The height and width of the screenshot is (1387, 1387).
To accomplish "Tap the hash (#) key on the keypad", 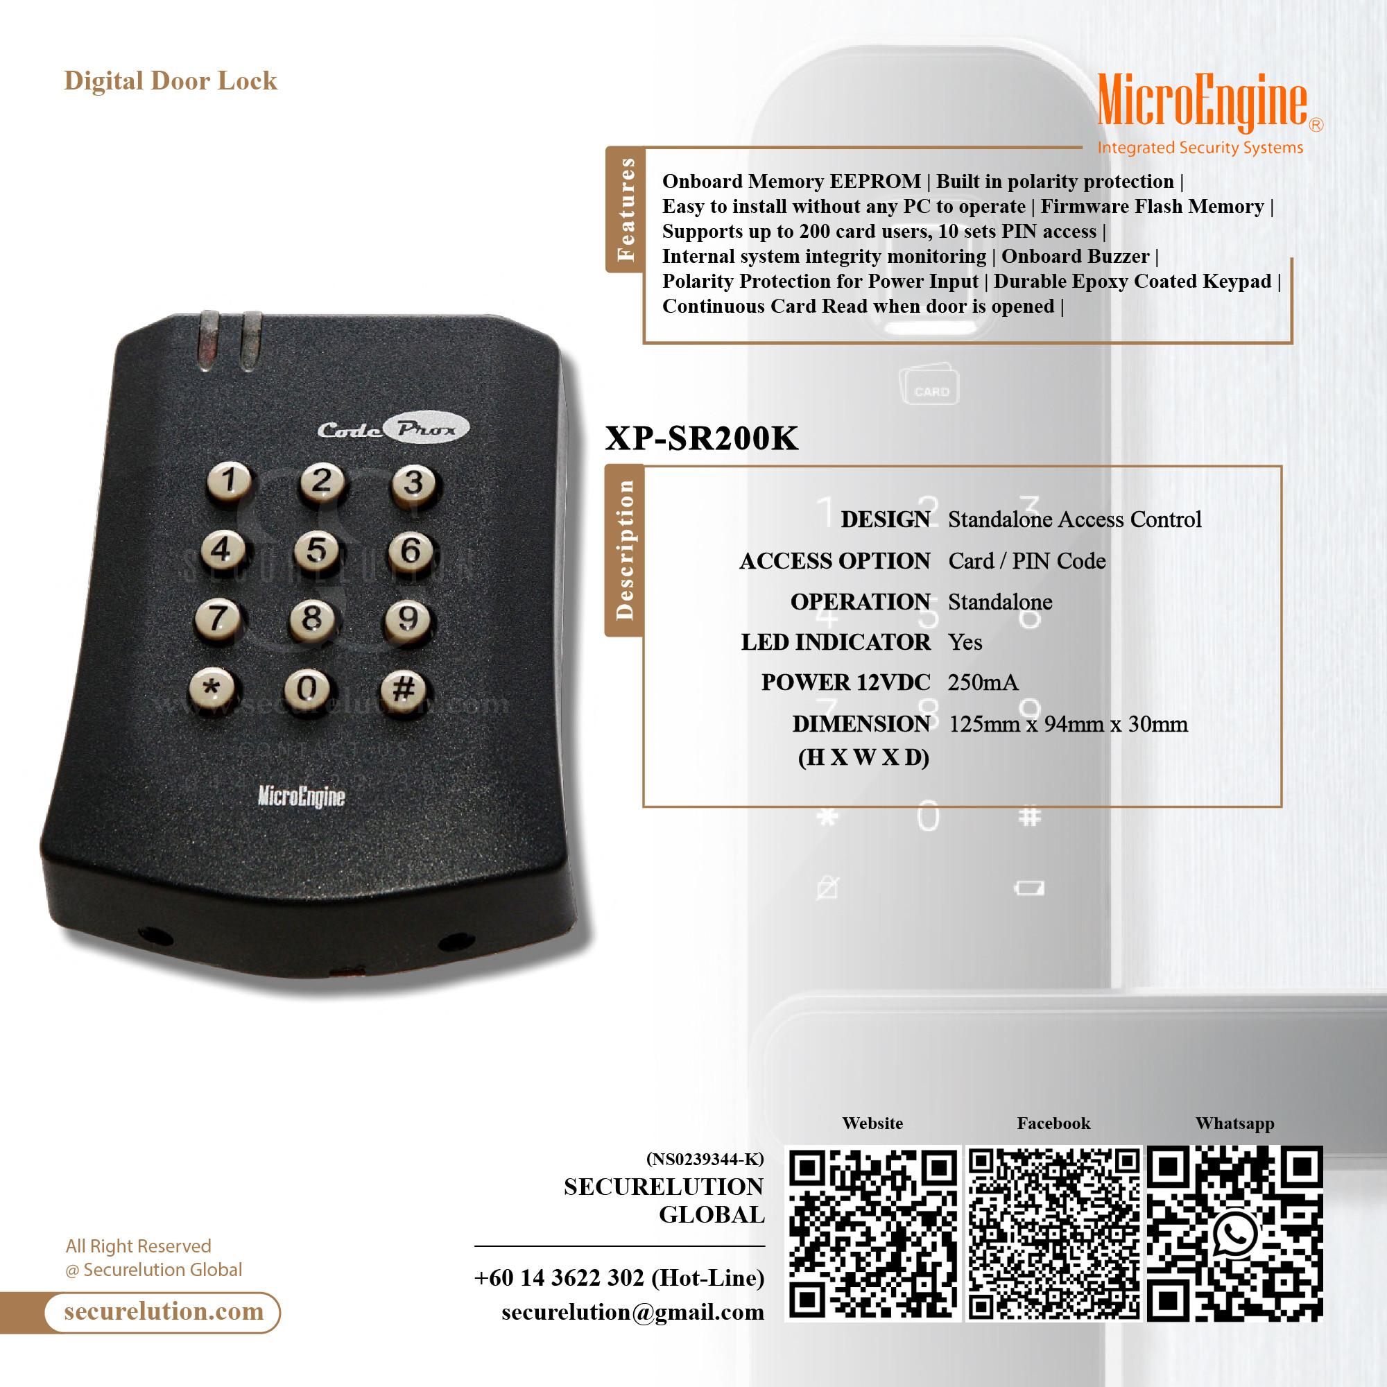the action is click(x=404, y=689).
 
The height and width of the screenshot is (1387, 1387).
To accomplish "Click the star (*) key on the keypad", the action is click(x=212, y=688).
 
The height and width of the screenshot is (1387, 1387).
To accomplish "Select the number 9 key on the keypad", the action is click(x=408, y=619).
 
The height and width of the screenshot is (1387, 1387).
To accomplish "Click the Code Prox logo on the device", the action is click(x=393, y=429).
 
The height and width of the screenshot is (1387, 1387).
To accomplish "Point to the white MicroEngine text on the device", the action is click(x=302, y=796).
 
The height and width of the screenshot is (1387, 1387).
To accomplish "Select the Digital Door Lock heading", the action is click(x=171, y=81).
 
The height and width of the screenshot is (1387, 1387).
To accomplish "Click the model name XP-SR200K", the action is click(x=701, y=438).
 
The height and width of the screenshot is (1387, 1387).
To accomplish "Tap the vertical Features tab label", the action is click(x=626, y=209).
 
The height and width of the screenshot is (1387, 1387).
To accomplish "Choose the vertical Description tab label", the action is click(x=625, y=550).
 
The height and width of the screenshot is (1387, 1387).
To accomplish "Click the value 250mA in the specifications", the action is click(x=983, y=682).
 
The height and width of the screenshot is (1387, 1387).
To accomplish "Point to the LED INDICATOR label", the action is click(x=836, y=641).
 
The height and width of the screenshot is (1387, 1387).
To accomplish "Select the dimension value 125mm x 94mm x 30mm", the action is click(x=1068, y=723).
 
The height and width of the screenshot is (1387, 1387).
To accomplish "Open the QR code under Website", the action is click(x=873, y=1233).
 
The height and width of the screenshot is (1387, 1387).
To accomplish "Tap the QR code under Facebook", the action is click(x=1054, y=1233).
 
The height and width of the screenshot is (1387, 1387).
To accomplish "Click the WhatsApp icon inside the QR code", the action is click(x=1236, y=1235).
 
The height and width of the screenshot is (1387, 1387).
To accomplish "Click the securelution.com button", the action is click(x=163, y=1311).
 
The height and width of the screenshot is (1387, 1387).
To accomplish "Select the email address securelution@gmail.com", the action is click(x=632, y=1311).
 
